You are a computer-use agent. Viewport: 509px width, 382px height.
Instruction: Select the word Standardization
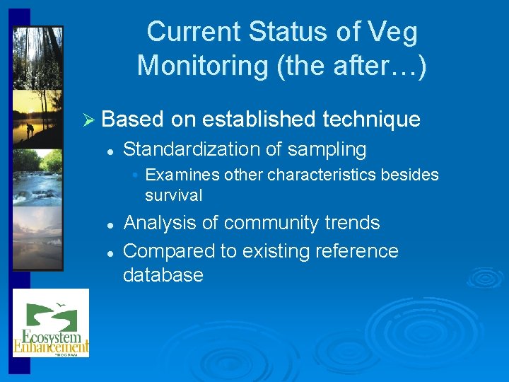[192, 149]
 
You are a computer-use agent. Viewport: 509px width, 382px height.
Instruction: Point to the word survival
[173, 195]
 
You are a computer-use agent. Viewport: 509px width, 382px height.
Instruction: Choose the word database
[163, 274]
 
